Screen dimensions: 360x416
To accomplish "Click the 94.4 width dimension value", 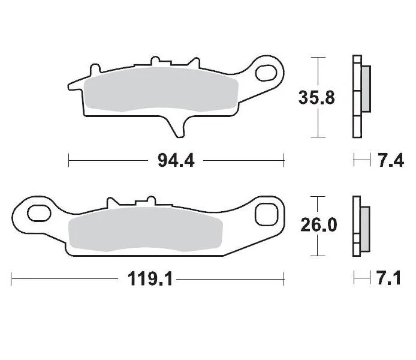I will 176,161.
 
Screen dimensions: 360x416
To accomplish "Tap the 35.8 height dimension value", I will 316,97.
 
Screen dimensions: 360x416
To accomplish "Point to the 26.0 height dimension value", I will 318,225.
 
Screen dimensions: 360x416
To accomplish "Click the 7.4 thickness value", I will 390,161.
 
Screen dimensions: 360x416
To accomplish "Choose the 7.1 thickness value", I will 390,279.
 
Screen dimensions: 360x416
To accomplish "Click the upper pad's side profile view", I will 359,96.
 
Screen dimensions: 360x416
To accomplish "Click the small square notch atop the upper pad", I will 157,61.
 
